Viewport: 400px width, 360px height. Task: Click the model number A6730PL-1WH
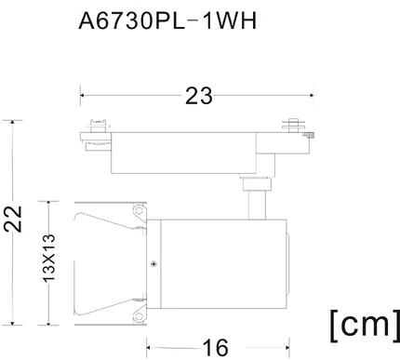(x=167, y=21)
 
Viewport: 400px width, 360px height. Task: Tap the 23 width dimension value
(x=199, y=96)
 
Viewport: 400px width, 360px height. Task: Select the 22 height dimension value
(x=13, y=219)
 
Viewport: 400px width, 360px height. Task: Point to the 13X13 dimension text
(x=48, y=259)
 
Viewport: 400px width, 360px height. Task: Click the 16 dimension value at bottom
(x=216, y=348)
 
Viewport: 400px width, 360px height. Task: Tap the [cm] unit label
(x=365, y=326)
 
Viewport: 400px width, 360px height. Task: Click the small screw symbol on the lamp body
(x=153, y=264)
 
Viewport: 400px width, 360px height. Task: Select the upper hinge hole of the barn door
(x=140, y=211)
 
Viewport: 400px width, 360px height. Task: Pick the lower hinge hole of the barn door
(x=140, y=317)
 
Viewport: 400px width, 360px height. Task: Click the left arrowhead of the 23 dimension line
(x=82, y=95)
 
